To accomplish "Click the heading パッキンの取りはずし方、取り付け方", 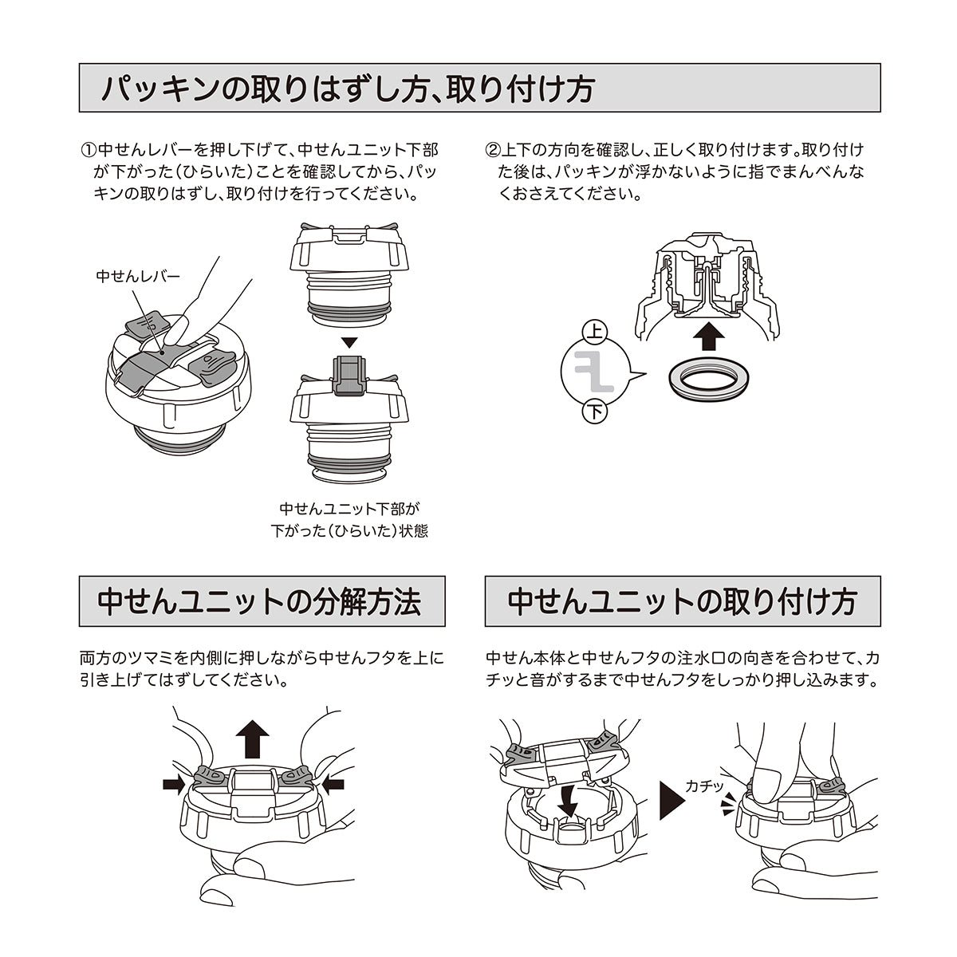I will tap(346, 89).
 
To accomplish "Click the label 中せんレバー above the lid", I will tap(137, 277).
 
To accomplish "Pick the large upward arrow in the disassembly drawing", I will tap(254, 737).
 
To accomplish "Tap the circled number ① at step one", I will tap(88, 149).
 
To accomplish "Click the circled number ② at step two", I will tap(492, 149).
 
